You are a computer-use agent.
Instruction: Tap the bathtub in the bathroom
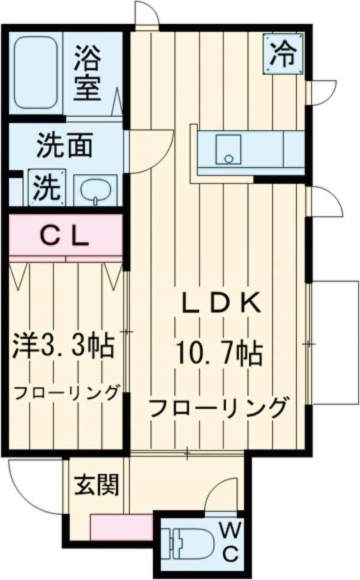coord(35,74)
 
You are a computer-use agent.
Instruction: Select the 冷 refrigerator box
coord(282,53)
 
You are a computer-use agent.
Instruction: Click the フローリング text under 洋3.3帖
coord(66,393)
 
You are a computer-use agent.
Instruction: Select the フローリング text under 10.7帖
coord(216,408)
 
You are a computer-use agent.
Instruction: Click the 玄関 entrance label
coord(95,485)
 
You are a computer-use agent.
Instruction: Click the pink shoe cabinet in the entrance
coord(121,528)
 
